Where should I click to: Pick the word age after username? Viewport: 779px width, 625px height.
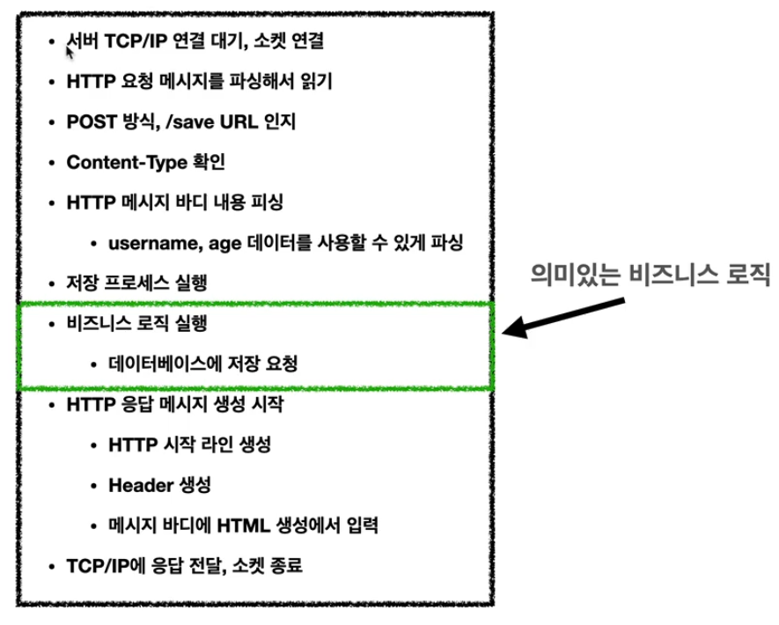pos(220,243)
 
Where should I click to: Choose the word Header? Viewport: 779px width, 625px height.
pos(136,485)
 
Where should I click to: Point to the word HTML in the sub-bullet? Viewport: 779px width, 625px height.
pos(251,526)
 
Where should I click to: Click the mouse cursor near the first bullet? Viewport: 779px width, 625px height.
pos(70,51)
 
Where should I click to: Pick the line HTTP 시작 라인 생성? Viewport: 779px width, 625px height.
pos(189,445)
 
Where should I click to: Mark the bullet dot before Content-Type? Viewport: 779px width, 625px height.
pos(53,163)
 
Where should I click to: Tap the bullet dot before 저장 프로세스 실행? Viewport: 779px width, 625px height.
pos(53,283)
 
